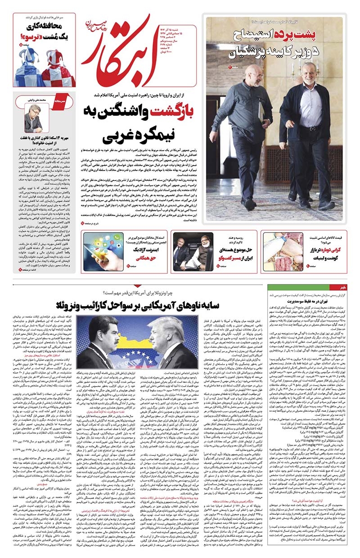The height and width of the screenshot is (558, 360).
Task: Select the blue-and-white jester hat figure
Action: (x=30, y=67)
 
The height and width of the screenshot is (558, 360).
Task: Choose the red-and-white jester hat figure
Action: (x=59, y=67)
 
